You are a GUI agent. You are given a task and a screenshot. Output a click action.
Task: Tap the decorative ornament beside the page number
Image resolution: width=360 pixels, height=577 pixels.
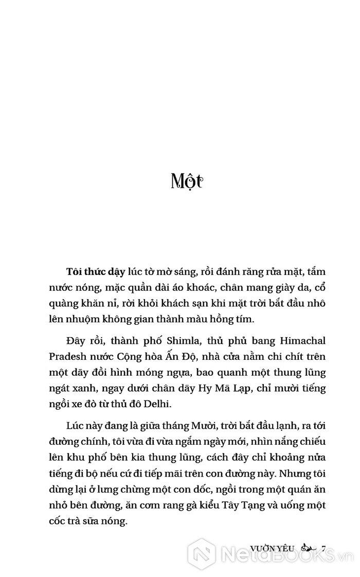pos(308,548)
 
